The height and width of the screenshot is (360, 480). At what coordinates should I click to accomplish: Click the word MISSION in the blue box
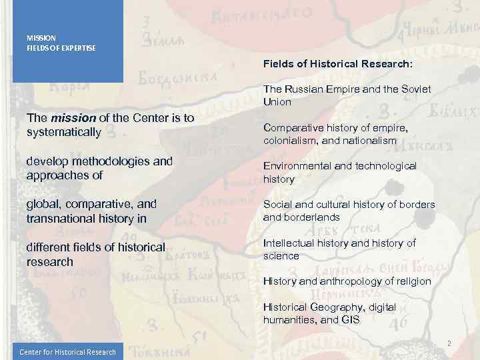point(41,38)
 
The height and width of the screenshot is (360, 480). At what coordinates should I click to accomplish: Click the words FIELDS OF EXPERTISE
point(61,48)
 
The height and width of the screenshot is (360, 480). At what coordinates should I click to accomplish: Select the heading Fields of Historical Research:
point(337,65)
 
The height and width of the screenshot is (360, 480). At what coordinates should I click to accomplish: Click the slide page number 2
point(449,343)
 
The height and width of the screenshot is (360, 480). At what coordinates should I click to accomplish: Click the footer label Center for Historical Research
point(67,352)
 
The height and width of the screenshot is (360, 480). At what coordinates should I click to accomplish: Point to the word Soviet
point(415,89)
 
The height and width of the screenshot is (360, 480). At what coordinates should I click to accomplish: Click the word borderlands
point(316,217)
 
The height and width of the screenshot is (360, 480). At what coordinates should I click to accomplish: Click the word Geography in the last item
point(333,307)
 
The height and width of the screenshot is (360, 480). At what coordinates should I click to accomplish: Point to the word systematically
point(63,132)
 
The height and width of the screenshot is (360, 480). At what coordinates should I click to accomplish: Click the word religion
point(414,281)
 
